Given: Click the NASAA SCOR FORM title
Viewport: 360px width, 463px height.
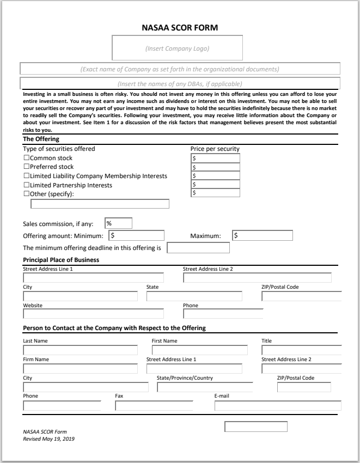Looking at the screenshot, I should click(x=180, y=26).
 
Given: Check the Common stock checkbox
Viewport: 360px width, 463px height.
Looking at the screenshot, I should click(x=26, y=158).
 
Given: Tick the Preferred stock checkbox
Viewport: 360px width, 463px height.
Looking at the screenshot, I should click(x=26, y=167).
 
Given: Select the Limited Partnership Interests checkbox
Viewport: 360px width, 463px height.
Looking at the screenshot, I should click(x=26, y=185).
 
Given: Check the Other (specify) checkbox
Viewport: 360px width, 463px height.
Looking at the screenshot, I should click(x=26, y=193).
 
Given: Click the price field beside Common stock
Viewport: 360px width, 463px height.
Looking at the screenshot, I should click(x=215, y=158).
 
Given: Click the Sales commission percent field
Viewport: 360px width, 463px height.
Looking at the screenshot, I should click(x=118, y=223).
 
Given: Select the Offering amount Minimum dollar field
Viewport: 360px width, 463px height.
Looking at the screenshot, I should click(x=137, y=236).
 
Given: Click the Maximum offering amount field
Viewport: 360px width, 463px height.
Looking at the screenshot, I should click(x=263, y=236).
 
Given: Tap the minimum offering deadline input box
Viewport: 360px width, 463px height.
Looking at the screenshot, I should click(x=198, y=248).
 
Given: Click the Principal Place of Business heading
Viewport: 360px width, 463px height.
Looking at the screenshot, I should click(x=61, y=260).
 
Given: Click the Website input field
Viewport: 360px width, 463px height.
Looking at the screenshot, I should click(x=93, y=314).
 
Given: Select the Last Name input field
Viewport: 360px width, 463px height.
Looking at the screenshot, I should click(x=80, y=350).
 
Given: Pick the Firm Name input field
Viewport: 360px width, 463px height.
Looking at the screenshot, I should click(x=80, y=369).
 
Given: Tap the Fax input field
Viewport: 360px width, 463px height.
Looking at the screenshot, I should click(x=154, y=405).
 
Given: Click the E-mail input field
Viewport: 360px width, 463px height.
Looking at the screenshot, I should click(x=278, y=405).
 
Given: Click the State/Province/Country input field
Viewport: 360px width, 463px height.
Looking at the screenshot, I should click(x=205, y=387).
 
